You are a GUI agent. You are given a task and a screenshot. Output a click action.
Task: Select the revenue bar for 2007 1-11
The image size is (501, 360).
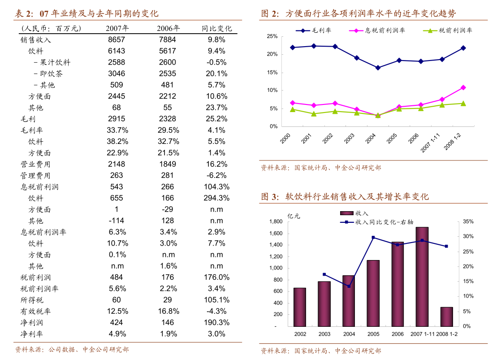click(422, 277)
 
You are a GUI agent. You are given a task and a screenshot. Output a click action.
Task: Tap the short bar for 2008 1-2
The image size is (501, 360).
click(446, 317)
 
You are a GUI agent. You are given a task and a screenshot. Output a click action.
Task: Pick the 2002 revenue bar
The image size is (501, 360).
click(300, 307)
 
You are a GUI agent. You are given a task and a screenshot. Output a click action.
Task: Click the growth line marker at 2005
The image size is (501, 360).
click(373, 237)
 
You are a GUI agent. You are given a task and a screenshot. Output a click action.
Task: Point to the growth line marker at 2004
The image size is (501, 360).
click(349, 286)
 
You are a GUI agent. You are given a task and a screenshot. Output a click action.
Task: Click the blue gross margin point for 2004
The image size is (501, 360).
click(378, 68)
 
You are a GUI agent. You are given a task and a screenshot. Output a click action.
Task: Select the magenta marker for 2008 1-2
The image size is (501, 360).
click(463, 87)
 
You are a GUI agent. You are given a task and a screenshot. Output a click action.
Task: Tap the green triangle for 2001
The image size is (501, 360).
click(314, 114)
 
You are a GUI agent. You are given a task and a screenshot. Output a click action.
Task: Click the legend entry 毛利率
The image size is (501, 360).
click(313, 30)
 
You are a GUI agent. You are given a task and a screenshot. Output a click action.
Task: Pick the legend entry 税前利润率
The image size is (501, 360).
click(448, 30)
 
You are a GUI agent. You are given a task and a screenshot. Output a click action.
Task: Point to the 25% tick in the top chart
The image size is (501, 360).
click(272, 36)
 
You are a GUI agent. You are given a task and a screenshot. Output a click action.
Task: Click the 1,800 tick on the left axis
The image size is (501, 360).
click(276, 221)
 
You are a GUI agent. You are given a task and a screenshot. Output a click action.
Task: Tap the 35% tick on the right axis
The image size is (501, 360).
click(468, 221)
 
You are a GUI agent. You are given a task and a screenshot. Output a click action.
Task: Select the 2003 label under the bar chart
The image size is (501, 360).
click(324, 334)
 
